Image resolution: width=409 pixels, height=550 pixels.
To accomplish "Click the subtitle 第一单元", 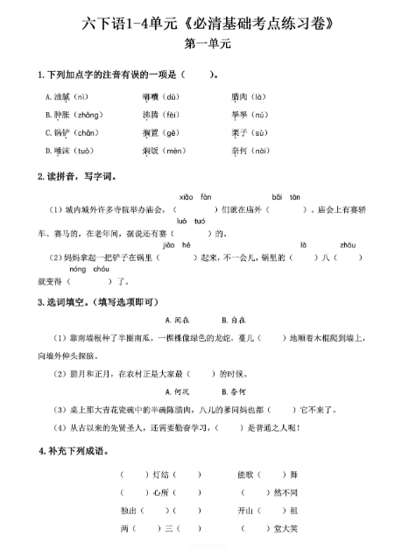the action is coord(204,43).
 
